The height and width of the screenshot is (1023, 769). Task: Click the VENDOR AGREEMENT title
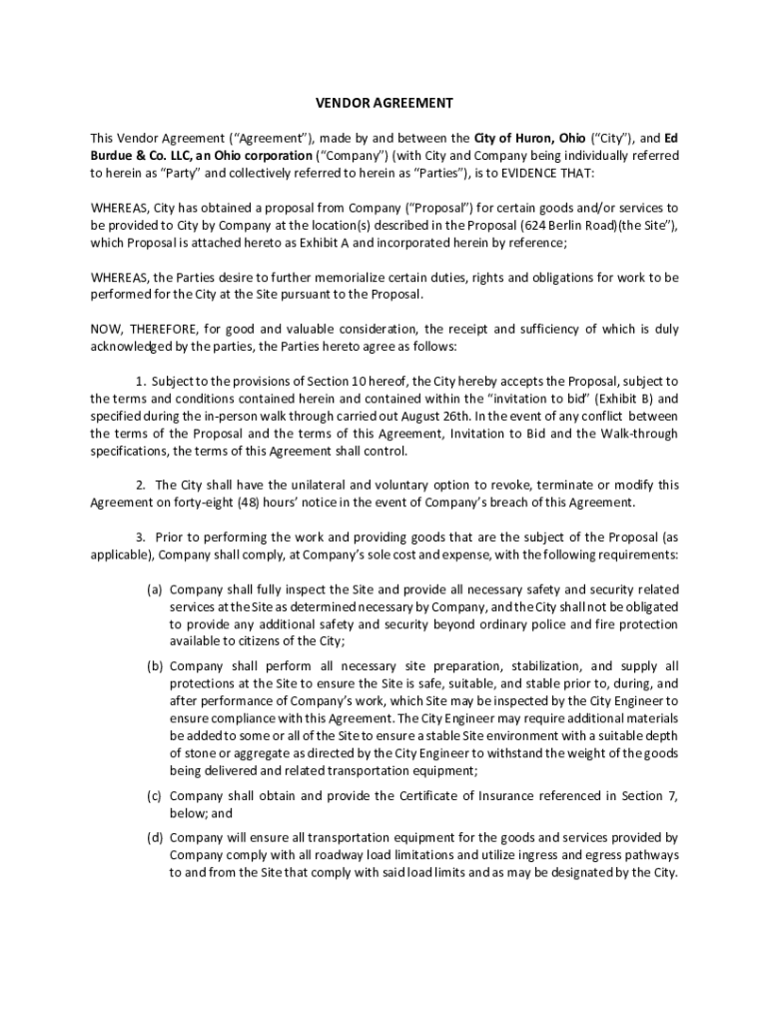[x=384, y=103]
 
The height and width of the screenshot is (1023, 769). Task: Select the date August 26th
[x=432, y=416]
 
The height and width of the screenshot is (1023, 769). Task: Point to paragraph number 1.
[x=141, y=381]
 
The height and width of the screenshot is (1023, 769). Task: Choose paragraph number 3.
[x=141, y=536]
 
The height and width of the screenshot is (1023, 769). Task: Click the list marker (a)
[x=155, y=588]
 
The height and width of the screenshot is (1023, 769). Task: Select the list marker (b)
[x=155, y=666]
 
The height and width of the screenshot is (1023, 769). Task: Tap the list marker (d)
[x=155, y=837]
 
